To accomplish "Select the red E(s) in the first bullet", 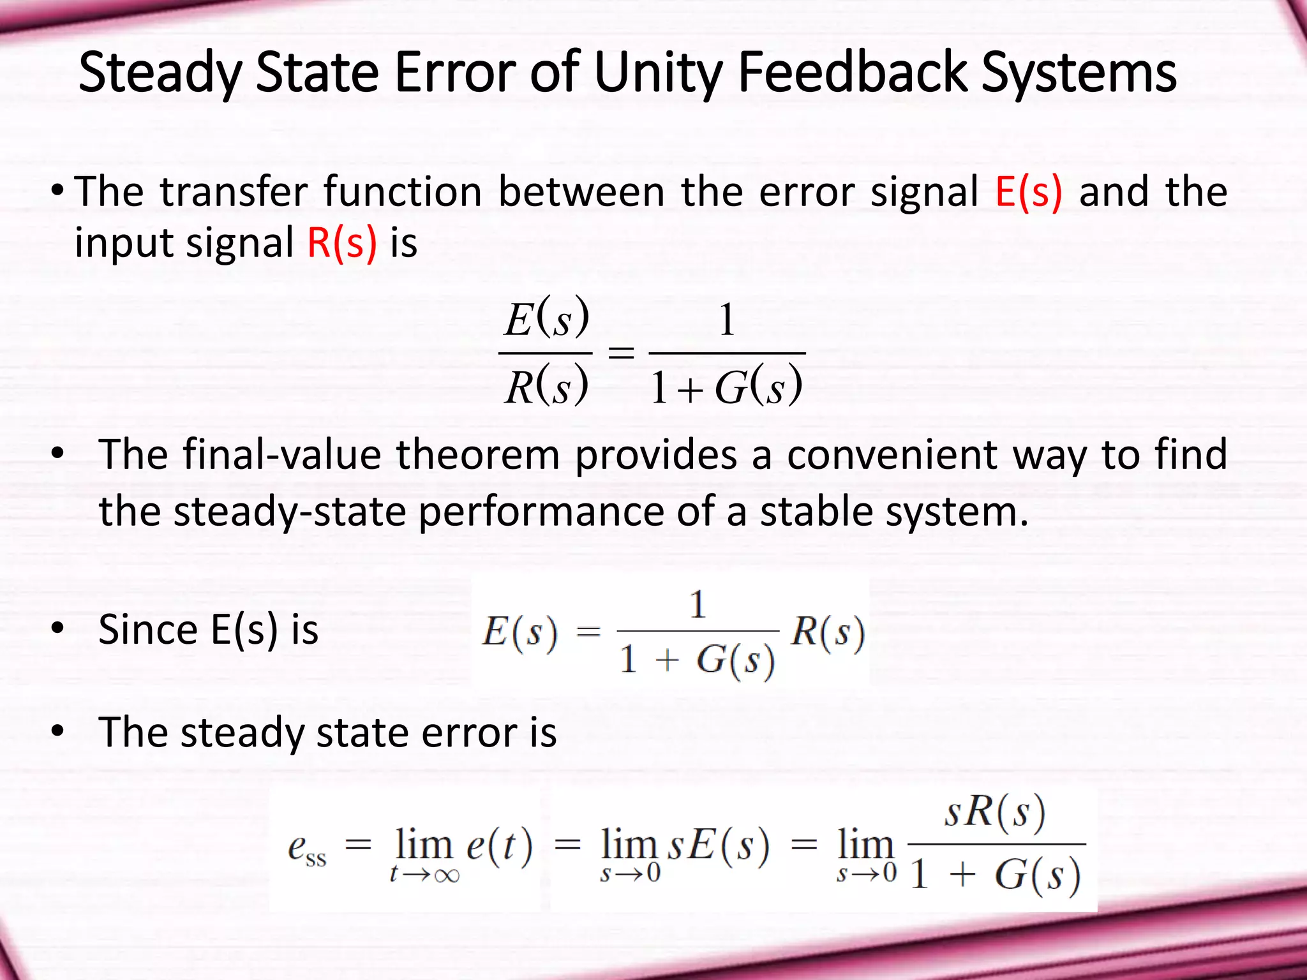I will click(x=1029, y=191).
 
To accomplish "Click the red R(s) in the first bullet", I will click(x=342, y=243).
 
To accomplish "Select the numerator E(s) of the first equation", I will click(x=546, y=318).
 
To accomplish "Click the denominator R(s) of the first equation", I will click(x=546, y=387).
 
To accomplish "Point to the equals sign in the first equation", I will click(x=620, y=352).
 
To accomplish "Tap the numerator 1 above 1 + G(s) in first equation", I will click(x=727, y=320).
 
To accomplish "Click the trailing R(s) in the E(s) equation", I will click(x=828, y=632).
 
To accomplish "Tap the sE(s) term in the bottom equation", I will click(x=719, y=847).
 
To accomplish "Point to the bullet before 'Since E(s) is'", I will click(x=58, y=629).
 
